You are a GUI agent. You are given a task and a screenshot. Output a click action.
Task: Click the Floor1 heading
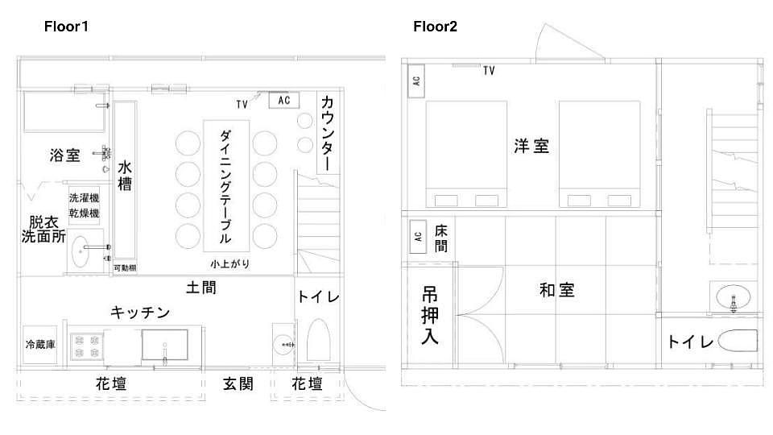tap(66, 27)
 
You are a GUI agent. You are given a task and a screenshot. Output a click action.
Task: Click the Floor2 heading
tap(435, 27)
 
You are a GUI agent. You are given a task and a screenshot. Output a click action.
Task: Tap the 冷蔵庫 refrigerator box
tap(40, 344)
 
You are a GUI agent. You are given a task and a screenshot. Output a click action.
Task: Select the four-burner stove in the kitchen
tap(86, 346)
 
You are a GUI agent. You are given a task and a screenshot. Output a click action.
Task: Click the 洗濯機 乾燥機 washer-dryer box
tap(84, 205)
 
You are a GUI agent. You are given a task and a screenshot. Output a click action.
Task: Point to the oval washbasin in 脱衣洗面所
tap(80, 251)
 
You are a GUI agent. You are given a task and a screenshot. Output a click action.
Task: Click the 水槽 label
tap(125, 176)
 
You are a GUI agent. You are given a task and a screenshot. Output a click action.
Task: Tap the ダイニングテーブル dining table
tap(226, 185)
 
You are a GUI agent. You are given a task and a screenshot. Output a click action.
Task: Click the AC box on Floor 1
tap(284, 100)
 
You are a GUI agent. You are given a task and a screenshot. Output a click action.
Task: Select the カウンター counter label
tap(328, 133)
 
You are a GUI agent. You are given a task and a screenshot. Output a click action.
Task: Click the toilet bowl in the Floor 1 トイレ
tap(319, 340)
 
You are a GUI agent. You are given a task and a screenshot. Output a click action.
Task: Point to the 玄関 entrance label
tap(238, 383)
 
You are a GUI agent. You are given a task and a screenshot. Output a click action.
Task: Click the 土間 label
tap(201, 288)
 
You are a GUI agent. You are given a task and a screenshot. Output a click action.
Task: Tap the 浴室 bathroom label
tap(64, 155)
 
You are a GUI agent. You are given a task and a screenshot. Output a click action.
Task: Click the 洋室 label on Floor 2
tap(531, 146)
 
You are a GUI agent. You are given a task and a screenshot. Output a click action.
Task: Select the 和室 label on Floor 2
tap(557, 290)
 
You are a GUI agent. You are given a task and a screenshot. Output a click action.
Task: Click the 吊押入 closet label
tap(430, 316)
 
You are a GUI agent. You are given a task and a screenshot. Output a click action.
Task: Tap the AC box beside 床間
tap(418, 237)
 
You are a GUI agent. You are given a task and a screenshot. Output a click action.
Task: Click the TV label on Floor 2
tap(489, 71)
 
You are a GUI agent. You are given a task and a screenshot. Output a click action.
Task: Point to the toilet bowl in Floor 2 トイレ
tap(738, 341)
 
